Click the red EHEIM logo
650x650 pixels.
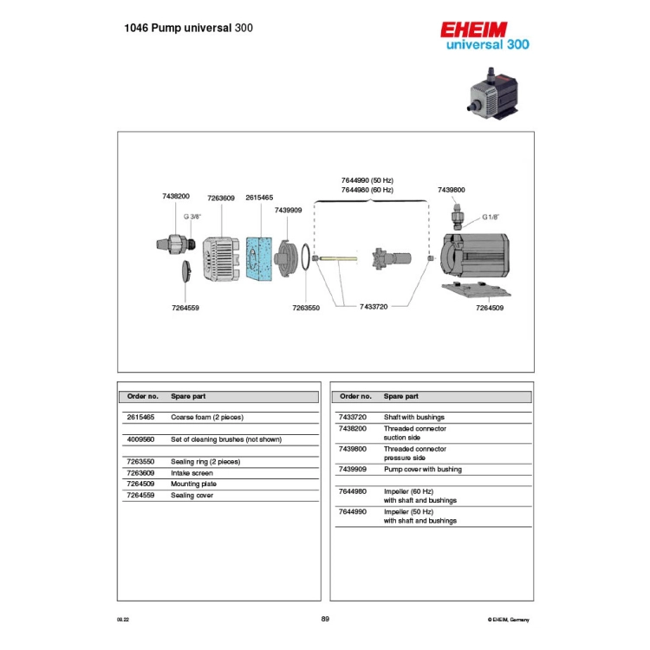pyautogui.click(x=473, y=29)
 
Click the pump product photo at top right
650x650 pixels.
pyautogui.click(x=493, y=94)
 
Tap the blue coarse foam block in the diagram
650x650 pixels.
pyautogui.click(x=259, y=258)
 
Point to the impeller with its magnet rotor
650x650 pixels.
pyautogui.click(x=392, y=258)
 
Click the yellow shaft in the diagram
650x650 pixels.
pyautogui.click(x=339, y=258)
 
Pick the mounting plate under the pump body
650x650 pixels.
pyautogui.click(x=477, y=289)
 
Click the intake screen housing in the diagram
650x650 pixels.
pyautogui.click(x=221, y=259)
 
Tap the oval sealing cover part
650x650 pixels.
pyautogui.click(x=186, y=271)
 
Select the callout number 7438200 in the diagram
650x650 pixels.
pyautogui.click(x=176, y=196)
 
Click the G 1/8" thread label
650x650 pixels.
pyautogui.click(x=491, y=218)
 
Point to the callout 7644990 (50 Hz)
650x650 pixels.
pyautogui.click(x=367, y=180)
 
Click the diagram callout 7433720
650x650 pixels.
pyautogui.click(x=374, y=307)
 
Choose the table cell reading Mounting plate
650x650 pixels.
pyautogui.click(x=193, y=484)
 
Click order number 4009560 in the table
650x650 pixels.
pyautogui.click(x=140, y=439)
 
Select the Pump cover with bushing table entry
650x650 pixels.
pyautogui.click(x=422, y=469)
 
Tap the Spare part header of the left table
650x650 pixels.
pyautogui.click(x=188, y=396)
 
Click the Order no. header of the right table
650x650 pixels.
pyautogui.click(x=355, y=396)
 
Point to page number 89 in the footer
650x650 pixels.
pyautogui.click(x=325, y=619)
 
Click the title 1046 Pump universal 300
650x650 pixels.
pyautogui.click(x=189, y=29)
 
